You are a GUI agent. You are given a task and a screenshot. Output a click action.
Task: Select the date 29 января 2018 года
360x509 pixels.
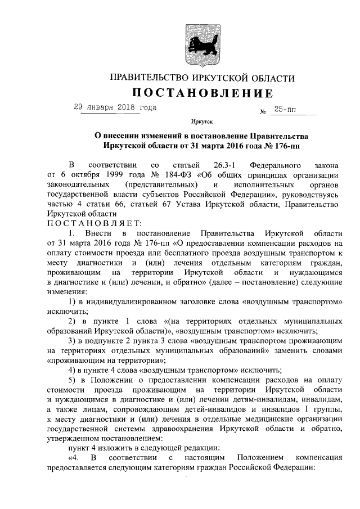pos(115,107)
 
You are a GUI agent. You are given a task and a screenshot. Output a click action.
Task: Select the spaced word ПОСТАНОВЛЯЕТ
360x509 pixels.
pos(84,224)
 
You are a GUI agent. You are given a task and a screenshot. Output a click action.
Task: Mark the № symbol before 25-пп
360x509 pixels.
pos(263,111)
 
